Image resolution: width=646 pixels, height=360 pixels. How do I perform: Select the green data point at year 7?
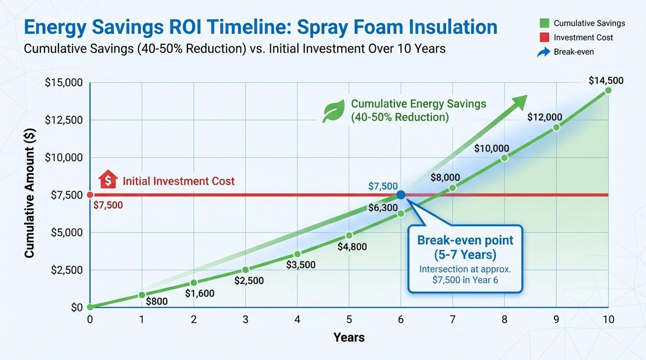coord(453,187)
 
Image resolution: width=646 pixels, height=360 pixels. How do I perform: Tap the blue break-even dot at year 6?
coord(401,195)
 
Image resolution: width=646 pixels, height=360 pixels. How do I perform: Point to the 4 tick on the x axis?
coord(297,319)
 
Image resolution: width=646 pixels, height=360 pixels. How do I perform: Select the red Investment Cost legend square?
coord(544,38)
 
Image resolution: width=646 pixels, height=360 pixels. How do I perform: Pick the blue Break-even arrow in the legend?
coord(544,52)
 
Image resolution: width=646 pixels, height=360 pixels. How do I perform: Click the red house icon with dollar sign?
coord(108,180)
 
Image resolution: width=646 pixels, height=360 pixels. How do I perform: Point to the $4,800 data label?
coord(353,247)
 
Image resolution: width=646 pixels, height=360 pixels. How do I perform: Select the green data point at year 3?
coord(245,270)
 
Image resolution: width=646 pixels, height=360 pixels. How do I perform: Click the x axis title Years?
coord(349,338)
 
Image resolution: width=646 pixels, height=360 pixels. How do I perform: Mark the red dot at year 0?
coord(90,195)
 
